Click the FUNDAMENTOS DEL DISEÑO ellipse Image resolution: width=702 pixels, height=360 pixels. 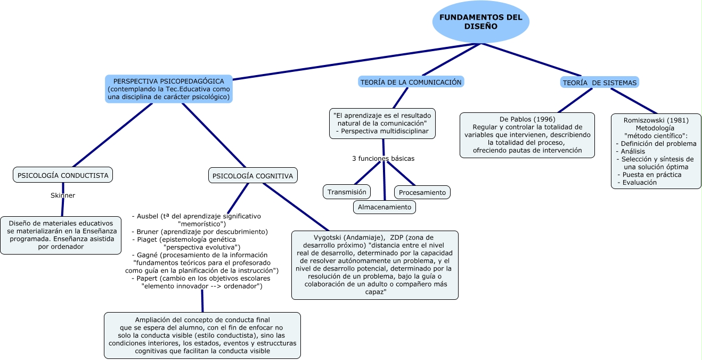point(480,22)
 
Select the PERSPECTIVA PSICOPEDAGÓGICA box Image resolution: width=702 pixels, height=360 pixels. point(169,89)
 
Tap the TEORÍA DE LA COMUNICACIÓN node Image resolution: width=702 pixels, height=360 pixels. point(411,82)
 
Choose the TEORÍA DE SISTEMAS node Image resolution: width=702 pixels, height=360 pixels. point(599,83)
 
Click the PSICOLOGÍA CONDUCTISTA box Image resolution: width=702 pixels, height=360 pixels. point(63,175)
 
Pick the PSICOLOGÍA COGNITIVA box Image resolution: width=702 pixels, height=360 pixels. point(252,176)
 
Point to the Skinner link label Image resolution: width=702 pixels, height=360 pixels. point(63,195)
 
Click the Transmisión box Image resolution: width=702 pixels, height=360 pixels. point(347,192)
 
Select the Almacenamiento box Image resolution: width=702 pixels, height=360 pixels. point(384,207)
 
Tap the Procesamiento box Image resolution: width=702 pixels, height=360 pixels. point(422,192)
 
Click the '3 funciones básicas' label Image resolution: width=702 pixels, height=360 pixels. point(383,159)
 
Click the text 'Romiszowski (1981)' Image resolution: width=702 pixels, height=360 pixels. point(656,120)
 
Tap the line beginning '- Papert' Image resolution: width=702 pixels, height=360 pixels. point(200,278)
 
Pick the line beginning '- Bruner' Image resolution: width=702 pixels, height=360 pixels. point(199,232)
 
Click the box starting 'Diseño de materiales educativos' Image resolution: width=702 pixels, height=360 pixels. point(61,235)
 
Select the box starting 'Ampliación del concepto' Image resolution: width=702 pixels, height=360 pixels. point(202,335)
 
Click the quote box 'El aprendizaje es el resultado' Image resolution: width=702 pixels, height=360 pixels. point(382,123)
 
